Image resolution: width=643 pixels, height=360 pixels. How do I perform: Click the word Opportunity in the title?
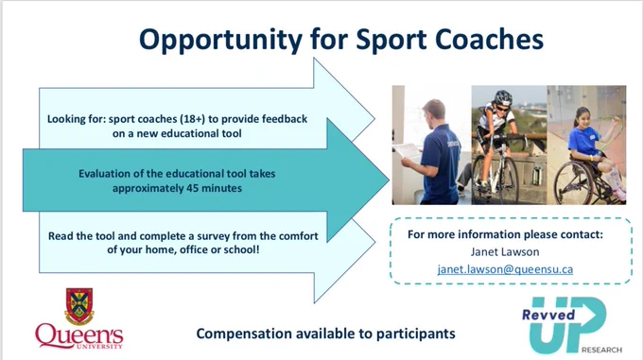pos(220,41)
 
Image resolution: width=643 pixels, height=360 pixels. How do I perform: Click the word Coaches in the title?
pos(489,39)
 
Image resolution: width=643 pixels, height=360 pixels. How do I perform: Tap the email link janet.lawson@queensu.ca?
pos(505,269)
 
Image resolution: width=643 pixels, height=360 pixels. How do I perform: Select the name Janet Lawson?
pos(505,251)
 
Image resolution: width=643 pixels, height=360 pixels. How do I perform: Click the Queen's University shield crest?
pos(79,306)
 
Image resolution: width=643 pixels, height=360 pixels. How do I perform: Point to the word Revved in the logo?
pos(548,315)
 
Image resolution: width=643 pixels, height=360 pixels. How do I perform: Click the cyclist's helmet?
pos(503,97)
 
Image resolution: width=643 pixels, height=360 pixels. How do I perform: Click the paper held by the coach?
pos(407,152)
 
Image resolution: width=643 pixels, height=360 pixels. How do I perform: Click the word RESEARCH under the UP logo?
pos(601,350)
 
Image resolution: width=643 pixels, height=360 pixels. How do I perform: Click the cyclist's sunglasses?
pos(501,109)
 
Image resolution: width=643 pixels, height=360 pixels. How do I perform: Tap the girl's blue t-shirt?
pos(583,141)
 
